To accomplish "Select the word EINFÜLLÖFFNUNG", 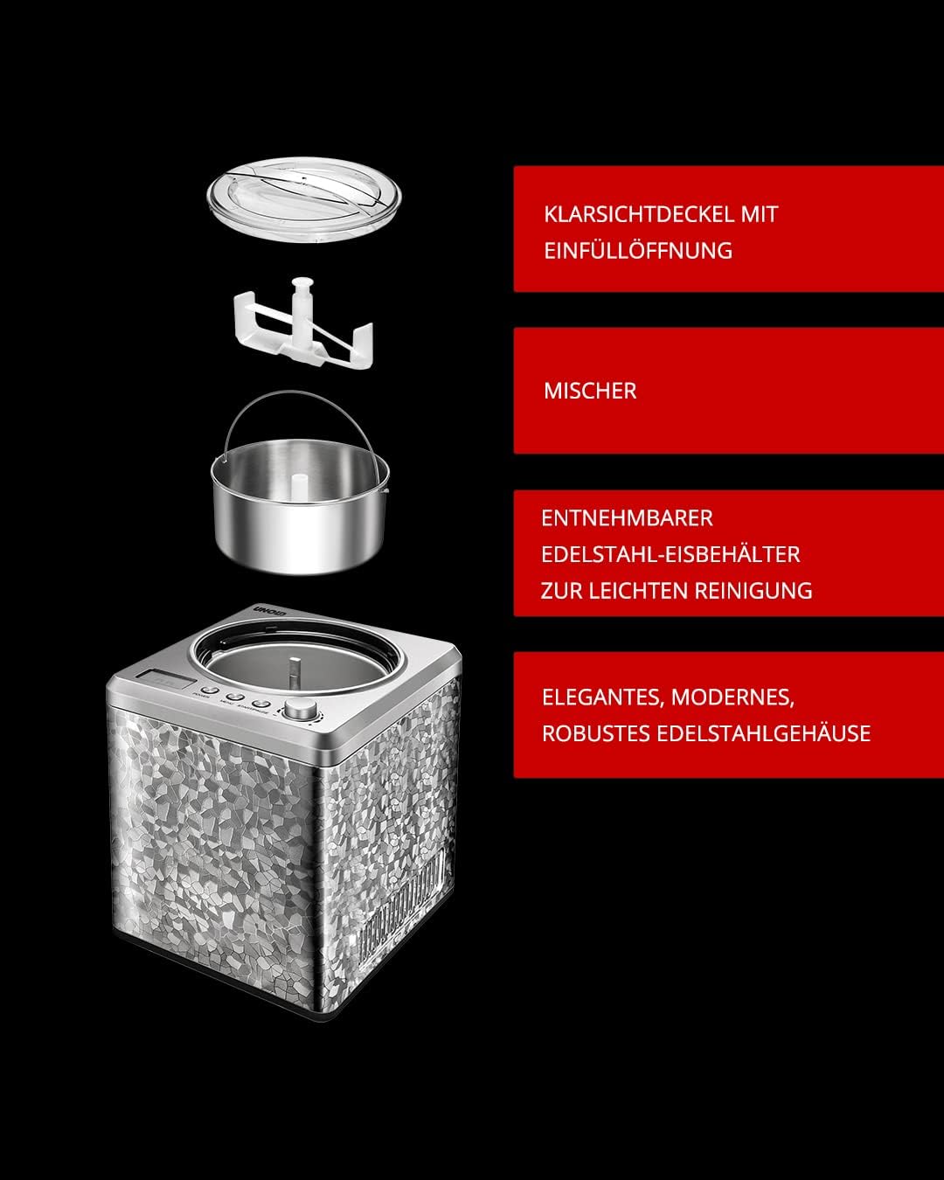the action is [638, 251].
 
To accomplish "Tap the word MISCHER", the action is [590, 391].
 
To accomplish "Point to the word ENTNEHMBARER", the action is [627, 518].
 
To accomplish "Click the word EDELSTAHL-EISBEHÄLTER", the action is [670, 554].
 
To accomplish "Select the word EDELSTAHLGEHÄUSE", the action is [764, 733].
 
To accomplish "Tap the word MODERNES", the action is [732, 698].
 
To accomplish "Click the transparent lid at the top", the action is [304, 198].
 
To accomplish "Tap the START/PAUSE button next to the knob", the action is [260, 704].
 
